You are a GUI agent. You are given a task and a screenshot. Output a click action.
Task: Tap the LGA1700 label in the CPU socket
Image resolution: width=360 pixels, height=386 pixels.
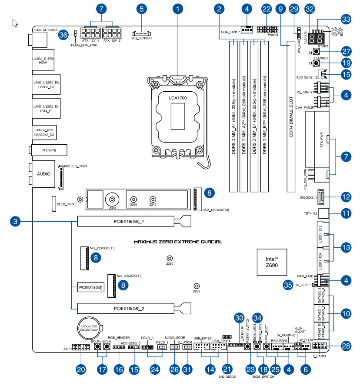coord(178,99)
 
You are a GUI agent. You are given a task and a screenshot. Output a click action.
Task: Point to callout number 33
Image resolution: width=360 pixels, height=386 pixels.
coord(346,20)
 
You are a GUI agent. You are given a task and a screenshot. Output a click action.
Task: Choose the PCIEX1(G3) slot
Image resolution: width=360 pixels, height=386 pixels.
coord(90,287)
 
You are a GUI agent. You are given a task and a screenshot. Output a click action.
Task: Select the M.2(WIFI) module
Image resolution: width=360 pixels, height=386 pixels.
coord(49,150)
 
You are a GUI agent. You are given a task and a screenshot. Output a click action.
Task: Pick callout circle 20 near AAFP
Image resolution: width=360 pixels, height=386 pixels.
coord(81,370)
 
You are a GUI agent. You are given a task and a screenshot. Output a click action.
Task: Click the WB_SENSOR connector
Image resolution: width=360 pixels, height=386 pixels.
coord(141,33)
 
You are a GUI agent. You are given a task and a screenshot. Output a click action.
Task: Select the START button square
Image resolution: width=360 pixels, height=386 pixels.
coord(316,51)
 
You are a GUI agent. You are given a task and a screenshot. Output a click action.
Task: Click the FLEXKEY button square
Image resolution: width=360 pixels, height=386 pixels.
coord(316,63)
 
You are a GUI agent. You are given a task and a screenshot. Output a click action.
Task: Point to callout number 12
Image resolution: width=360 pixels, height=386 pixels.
coord(346,197)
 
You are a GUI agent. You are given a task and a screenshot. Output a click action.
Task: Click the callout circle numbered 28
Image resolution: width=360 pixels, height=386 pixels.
coord(346,346)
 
